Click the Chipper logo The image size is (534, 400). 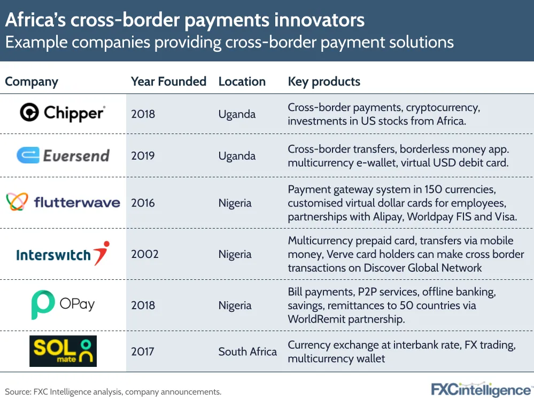63,113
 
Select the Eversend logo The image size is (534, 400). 63,155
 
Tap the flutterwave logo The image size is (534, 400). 63,202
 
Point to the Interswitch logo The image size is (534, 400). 63,254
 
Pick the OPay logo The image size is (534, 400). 63,304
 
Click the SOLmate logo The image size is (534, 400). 63,351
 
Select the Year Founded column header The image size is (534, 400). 168,82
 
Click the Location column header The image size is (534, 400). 242,82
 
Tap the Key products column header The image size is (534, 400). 324,82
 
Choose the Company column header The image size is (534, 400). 32,82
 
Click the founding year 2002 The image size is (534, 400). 145,254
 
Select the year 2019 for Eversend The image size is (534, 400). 143,156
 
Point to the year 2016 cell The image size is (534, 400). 143,203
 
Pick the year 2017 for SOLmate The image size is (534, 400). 143,351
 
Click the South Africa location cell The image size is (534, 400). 247,351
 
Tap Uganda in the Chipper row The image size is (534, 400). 237,114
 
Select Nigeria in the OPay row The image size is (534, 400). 235,305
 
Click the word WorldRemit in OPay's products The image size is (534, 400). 316,319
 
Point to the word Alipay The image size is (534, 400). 388,217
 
